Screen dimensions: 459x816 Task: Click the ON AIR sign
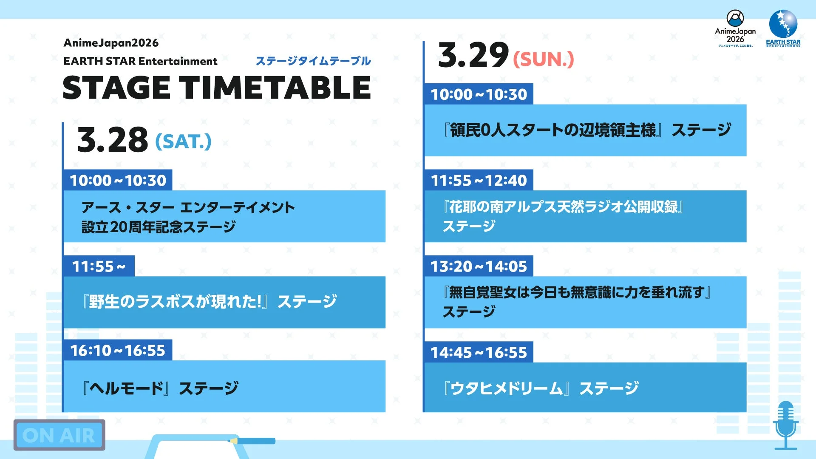pos(59,435)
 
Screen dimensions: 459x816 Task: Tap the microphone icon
pos(785,425)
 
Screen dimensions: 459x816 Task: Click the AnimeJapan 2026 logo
pos(735,28)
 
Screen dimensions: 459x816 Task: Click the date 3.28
pos(112,140)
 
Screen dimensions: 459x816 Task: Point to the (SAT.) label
pos(183,142)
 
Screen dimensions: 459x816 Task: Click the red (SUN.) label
pos(543,59)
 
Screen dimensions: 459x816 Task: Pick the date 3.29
pos(473,55)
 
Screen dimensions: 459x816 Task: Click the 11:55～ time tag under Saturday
pos(99,266)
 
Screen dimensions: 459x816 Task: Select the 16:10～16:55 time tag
pos(117,351)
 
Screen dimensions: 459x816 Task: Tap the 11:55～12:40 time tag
pos(479,181)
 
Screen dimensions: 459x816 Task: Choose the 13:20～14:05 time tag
pos(479,266)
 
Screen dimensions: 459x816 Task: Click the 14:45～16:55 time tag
pos(479,352)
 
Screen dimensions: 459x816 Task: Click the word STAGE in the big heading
pos(116,88)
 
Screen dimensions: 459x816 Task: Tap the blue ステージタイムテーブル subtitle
pos(313,61)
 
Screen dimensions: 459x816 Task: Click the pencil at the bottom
pos(253,441)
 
